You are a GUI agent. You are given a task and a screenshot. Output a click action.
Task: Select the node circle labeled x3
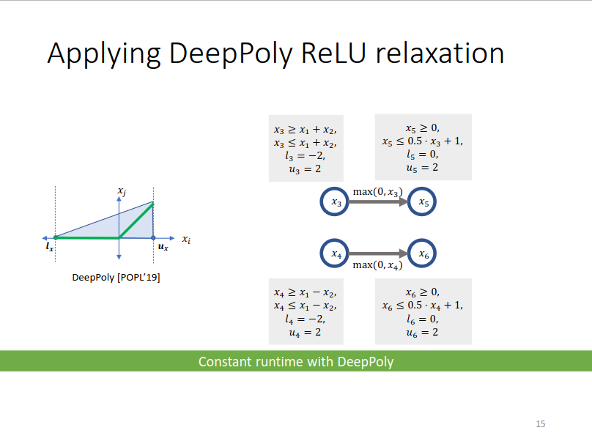click(336, 202)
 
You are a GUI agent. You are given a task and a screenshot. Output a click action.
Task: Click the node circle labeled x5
click(423, 202)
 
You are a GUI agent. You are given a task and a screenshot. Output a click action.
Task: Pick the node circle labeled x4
click(336, 254)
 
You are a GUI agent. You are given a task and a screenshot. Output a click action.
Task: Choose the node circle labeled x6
click(423, 254)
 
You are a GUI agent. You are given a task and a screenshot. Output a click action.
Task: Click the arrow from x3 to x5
click(380, 202)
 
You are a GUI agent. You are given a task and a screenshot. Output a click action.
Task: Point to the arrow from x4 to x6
click(380, 254)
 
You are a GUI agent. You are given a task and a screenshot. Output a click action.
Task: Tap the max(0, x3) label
click(377, 191)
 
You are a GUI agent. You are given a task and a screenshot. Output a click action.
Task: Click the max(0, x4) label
click(377, 265)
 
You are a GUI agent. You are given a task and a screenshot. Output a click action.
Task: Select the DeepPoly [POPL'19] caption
click(116, 278)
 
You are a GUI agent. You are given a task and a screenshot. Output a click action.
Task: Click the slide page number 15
click(541, 424)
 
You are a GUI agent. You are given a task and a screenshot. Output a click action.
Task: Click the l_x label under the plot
click(49, 248)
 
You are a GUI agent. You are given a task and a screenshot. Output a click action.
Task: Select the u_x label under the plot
click(163, 248)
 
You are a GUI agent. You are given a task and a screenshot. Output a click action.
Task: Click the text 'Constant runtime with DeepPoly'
click(296, 362)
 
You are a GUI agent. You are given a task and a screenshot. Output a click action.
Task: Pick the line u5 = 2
click(423, 168)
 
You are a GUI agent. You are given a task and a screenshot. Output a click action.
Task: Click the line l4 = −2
click(305, 319)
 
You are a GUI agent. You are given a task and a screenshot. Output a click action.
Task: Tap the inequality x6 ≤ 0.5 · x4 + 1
click(423, 306)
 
